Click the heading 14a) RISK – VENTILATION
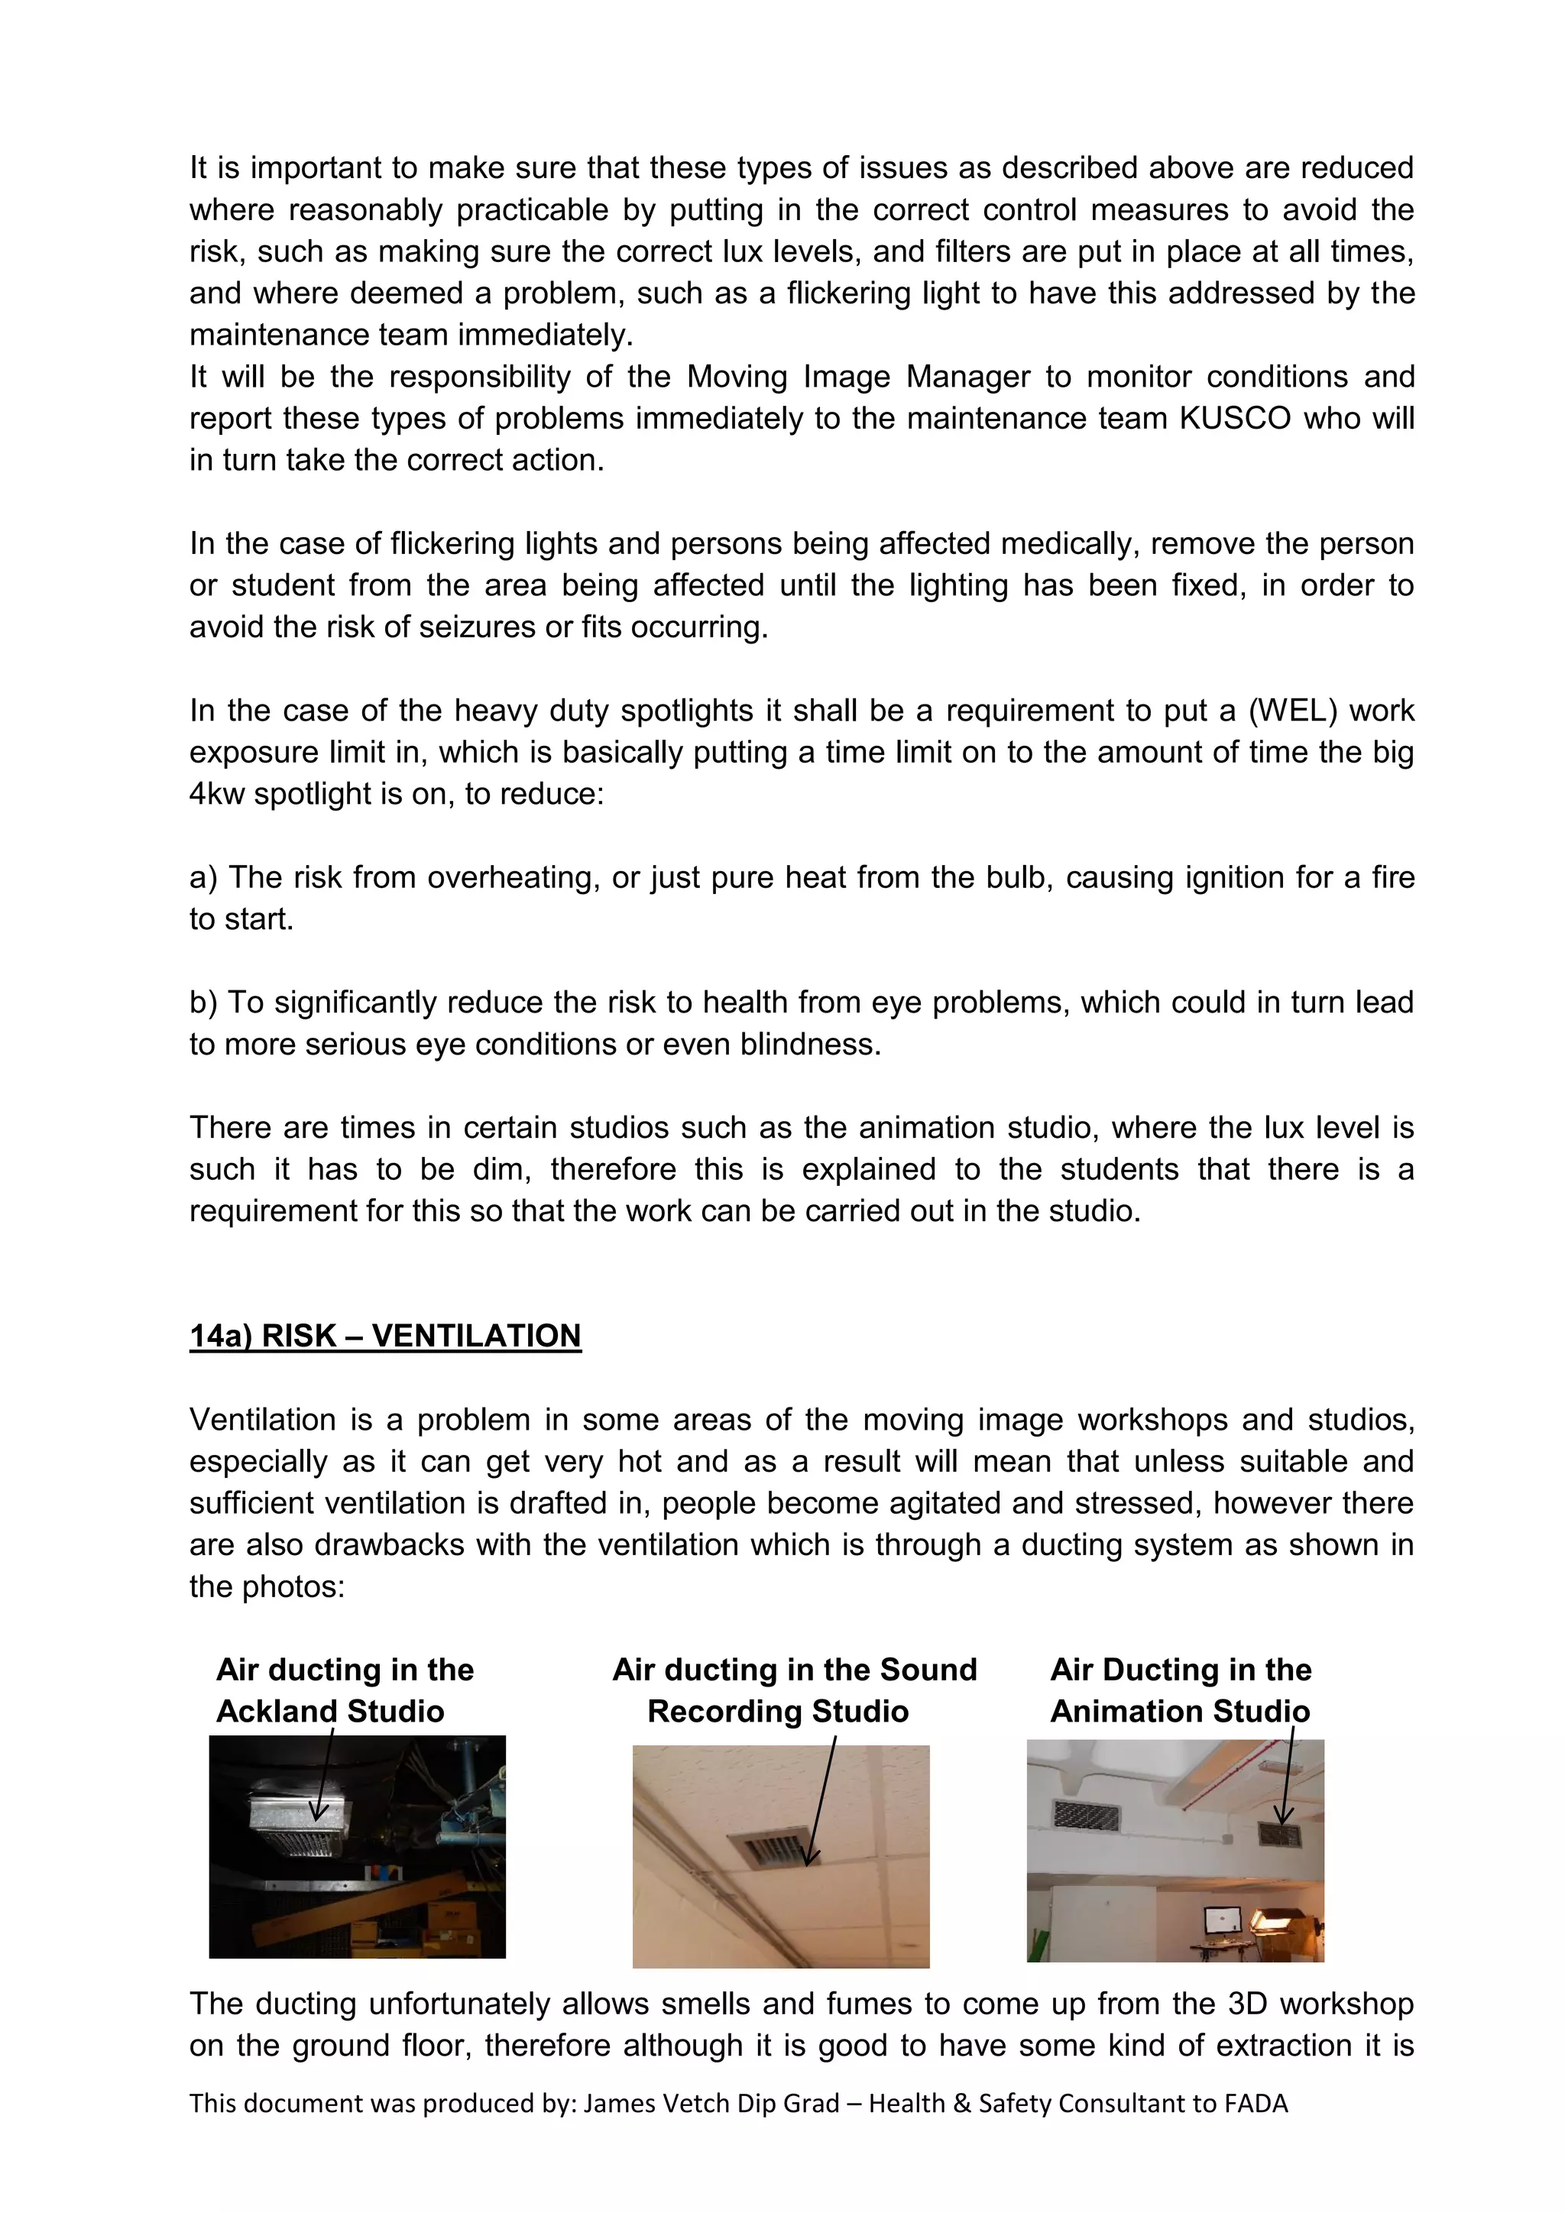pyautogui.click(x=385, y=1336)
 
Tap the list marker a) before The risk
pyautogui.click(x=203, y=878)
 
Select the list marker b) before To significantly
pyautogui.click(x=203, y=1003)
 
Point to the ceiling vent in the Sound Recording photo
pyautogui.click(x=771, y=1852)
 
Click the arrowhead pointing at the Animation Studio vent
pyautogui.click(x=1283, y=1816)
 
